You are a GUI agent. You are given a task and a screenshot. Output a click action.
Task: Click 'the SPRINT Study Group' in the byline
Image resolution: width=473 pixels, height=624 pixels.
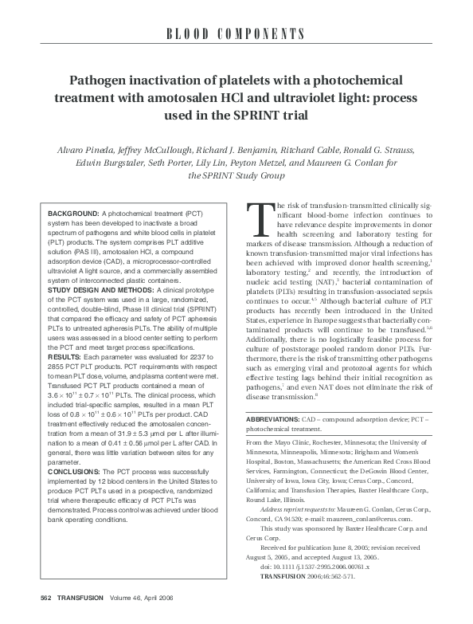236,176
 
